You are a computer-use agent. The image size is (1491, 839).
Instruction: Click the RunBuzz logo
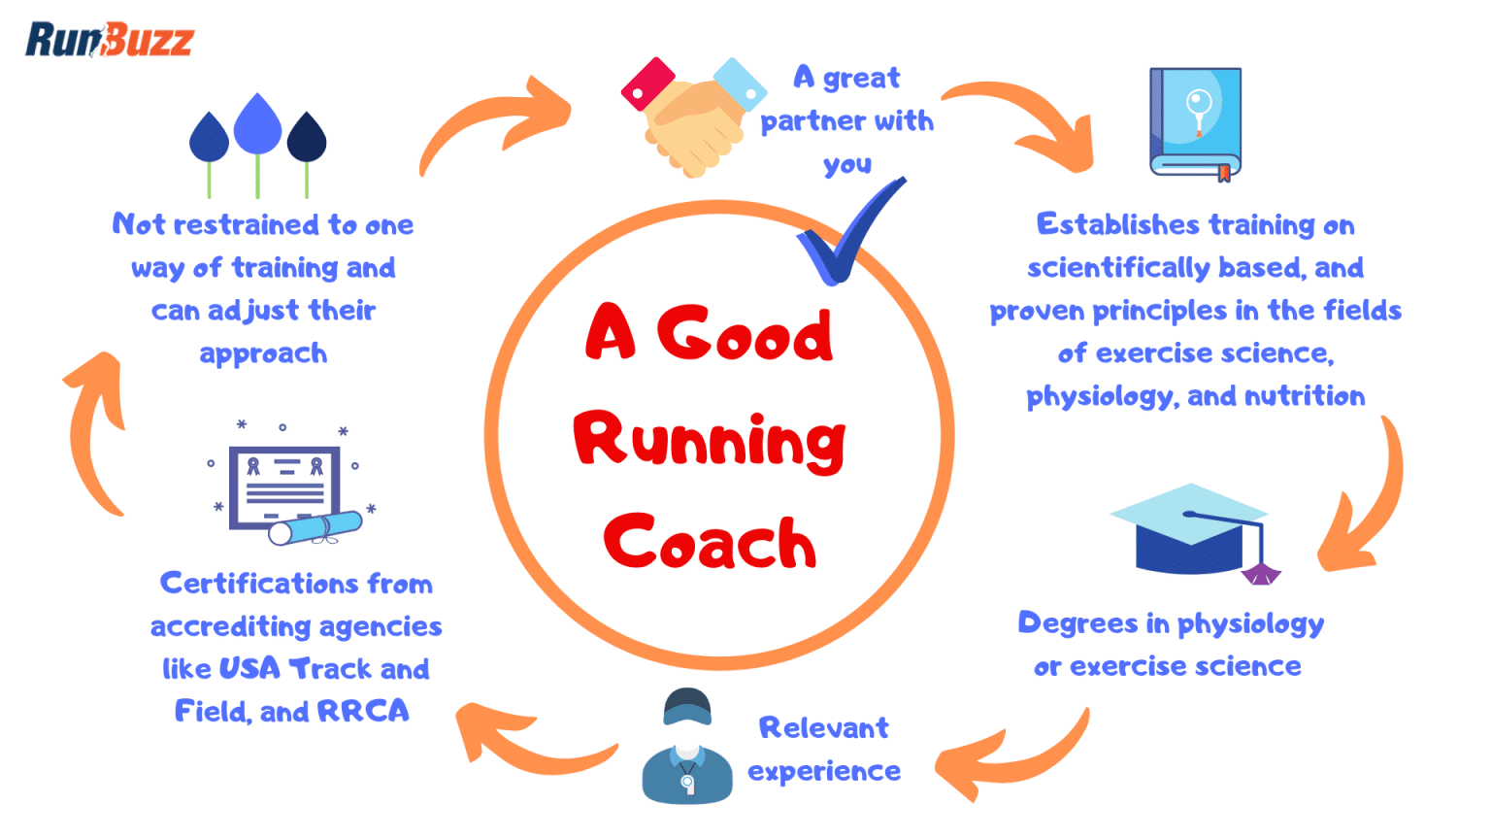click(x=109, y=40)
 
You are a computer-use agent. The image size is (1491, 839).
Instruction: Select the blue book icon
click(x=1195, y=122)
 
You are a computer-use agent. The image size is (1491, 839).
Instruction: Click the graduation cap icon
click(x=1193, y=531)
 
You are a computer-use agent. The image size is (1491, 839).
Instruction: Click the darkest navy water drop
click(x=307, y=138)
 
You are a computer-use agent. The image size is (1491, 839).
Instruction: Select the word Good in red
click(x=745, y=334)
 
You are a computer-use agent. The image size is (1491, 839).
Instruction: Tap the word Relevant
click(x=823, y=727)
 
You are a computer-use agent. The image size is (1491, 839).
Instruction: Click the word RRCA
click(x=363, y=711)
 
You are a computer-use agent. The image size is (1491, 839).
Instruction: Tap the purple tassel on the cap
click(x=1261, y=574)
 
